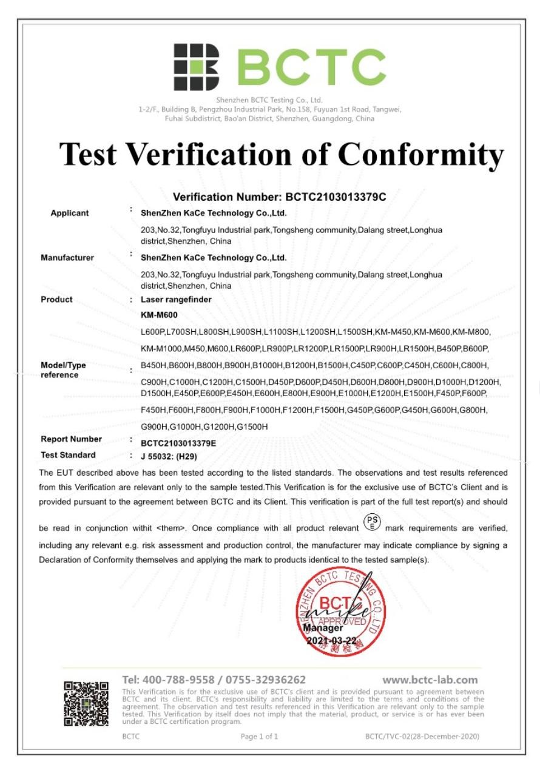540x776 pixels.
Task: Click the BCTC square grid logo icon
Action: pyautogui.click(x=196, y=67)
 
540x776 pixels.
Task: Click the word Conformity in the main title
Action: pyautogui.click(x=420, y=154)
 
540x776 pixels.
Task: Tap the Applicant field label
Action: pyautogui.click(x=69, y=213)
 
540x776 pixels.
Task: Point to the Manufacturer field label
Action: pyautogui.click(x=67, y=258)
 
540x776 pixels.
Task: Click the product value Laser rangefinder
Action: pyautogui.click(x=175, y=300)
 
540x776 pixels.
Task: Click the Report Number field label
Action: pyautogui.click(x=71, y=439)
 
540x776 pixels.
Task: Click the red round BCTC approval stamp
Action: pyautogui.click(x=340, y=609)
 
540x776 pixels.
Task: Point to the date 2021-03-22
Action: pyautogui.click(x=332, y=641)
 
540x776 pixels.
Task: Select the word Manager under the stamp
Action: pyautogui.click(x=323, y=629)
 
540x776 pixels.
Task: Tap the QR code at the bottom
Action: pyautogui.click(x=86, y=704)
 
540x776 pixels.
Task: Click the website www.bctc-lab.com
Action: pyautogui.click(x=430, y=680)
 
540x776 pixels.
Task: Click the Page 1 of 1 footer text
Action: pyautogui.click(x=259, y=737)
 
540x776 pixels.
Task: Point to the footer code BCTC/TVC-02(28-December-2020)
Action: pyautogui.click(x=422, y=737)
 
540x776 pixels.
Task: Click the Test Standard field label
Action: pyautogui.click(x=68, y=455)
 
